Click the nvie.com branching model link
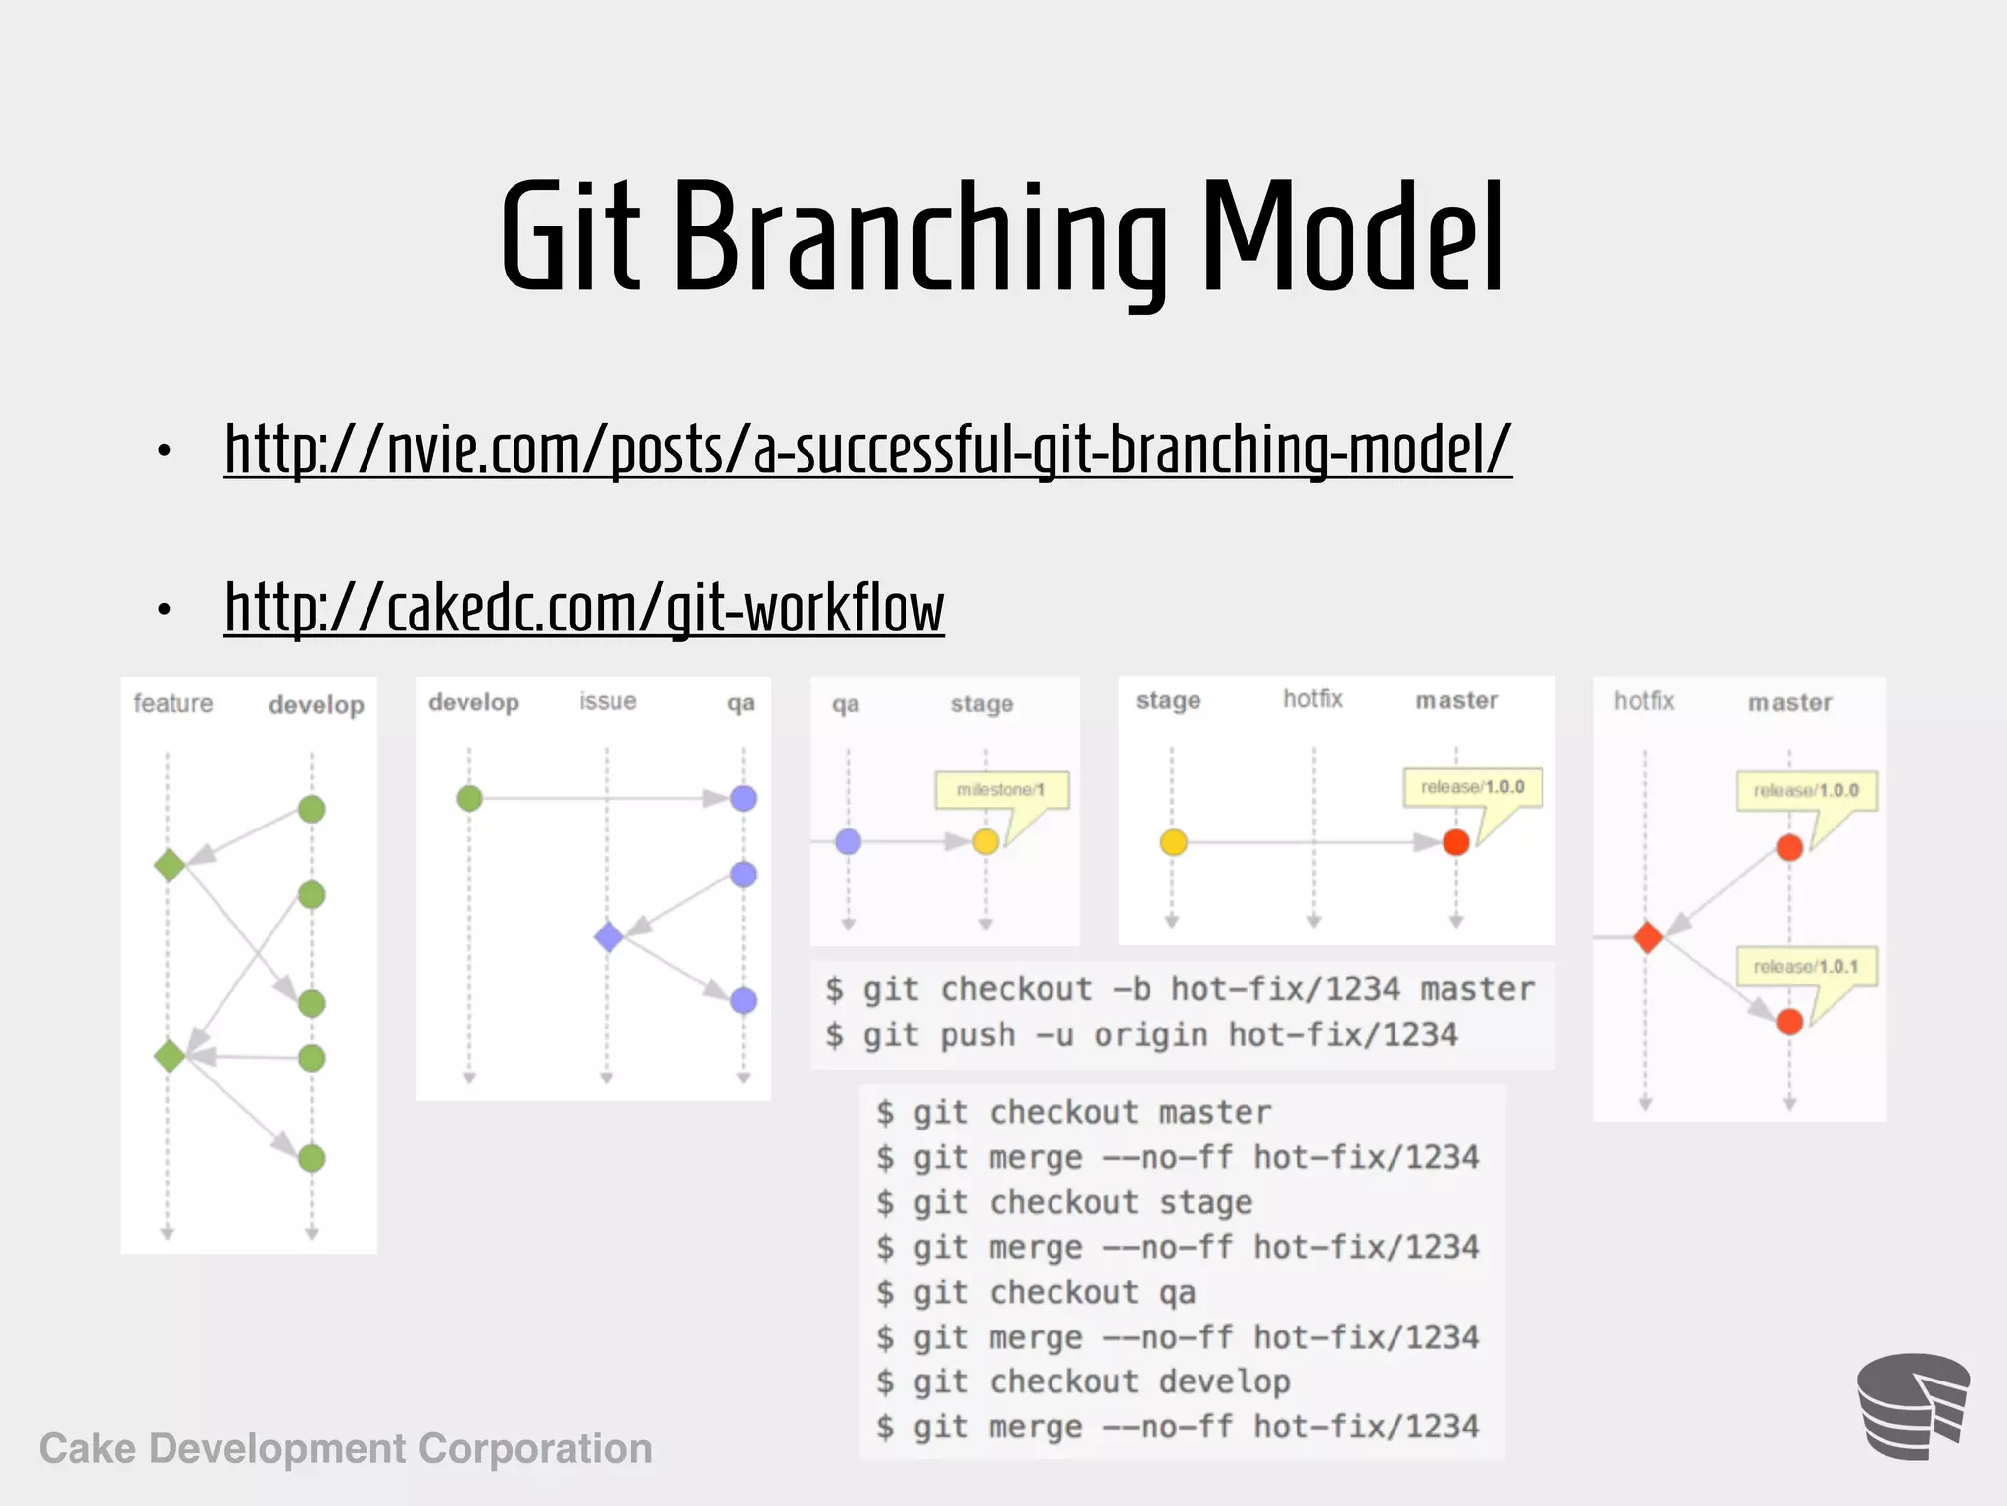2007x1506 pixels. pyautogui.click(x=867, y=449)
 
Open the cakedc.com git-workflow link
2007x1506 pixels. pyautogui.click(x=584, y=609)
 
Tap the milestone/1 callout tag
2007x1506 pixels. pyautogui.click(x=1001, y=790)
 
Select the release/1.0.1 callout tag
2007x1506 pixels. pyautogui.click(x=1805, y=967)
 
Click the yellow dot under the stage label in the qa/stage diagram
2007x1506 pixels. pyautogui.click(x=986, y=841)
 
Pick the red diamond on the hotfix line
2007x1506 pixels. pyautogui.click(x=1648, y=937)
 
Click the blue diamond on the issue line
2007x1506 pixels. pyautogui.click(x=609, y=936)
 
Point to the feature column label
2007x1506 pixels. pyautogui.click(x=173, y=703)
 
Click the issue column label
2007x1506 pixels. pyautogui.click(x=608, y=701)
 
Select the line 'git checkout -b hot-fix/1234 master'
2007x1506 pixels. pyautogui.click(x=1179, y=989)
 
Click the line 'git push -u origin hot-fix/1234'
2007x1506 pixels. pyautogui.click(x=1142, y=1034)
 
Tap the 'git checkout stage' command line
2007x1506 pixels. pyautogui.click(x=1064, y=1202)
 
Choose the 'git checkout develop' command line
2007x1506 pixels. pyautogui.click(x=1083, y=1381)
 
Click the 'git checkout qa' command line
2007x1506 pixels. pyautogui.click(x=1036, y=1292)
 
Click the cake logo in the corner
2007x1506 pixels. pyautogui.click(x=1912, y=1406)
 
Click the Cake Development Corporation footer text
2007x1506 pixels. pyautogui.click(x=346, y=1448)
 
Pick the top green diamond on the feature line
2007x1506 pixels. pyautogui.click(x=170, y=865)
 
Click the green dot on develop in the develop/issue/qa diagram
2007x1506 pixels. pyautogui.click(x=469, y=798)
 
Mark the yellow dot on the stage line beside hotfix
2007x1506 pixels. pyautogui.click(x=1173, y=842)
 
